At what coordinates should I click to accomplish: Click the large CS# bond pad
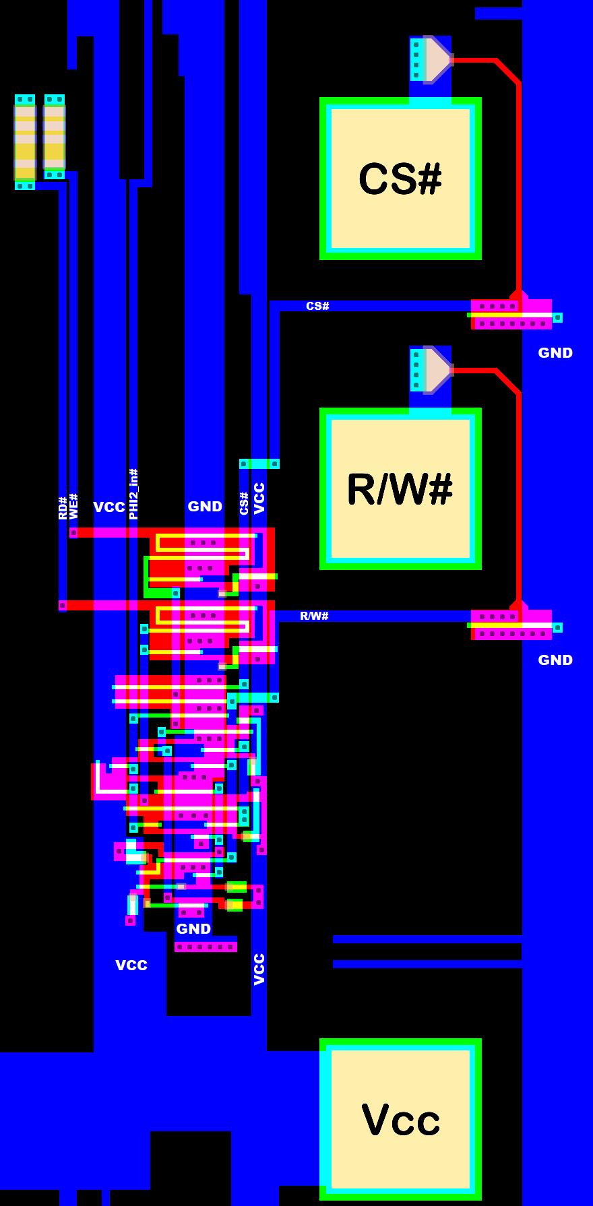point(400,179)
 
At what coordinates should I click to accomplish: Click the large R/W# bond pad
point(400,488)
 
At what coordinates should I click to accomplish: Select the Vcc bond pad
point(400,1119)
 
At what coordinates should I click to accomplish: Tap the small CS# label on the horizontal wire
point(317,306)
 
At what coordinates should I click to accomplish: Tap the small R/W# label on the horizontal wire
point(314,616)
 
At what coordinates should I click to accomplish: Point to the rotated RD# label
point(63,507)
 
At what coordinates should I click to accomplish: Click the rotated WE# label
point(73,506)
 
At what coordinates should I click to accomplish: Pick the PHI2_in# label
point(133,494)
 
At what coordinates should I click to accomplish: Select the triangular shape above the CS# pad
point(437,59)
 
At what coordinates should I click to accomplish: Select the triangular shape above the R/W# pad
point(437,369)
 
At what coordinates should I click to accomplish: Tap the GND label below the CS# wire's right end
point(555,353)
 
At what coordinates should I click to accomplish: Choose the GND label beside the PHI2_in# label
point(205,507)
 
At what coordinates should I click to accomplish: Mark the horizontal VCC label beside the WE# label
point(109,507)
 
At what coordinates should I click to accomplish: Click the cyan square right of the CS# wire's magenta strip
point(557,317)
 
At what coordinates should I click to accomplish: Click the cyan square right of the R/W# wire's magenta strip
point(557,627)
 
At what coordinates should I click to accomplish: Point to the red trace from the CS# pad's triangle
point(518,175)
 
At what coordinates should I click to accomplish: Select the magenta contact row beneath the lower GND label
point(206,947)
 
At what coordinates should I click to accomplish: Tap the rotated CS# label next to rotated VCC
point(244,503)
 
